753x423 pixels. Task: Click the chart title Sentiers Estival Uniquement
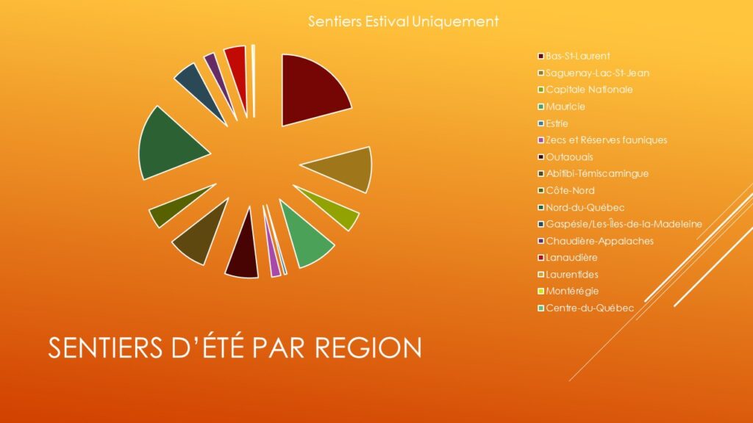[404, 21]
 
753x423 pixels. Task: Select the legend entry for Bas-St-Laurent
[574, 56]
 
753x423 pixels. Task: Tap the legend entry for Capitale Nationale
[585, 90]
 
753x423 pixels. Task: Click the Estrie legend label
[557, 123]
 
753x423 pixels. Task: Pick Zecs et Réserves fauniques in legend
[602, 140]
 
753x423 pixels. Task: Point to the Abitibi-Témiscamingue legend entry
[593, 173]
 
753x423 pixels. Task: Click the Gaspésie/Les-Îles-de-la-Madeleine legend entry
[620, 224]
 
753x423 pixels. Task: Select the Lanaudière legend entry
[568, 258]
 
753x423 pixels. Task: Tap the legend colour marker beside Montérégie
[540, 292]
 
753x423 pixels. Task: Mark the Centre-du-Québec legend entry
[586, 308]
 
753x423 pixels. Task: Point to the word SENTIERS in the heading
[105, 347]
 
